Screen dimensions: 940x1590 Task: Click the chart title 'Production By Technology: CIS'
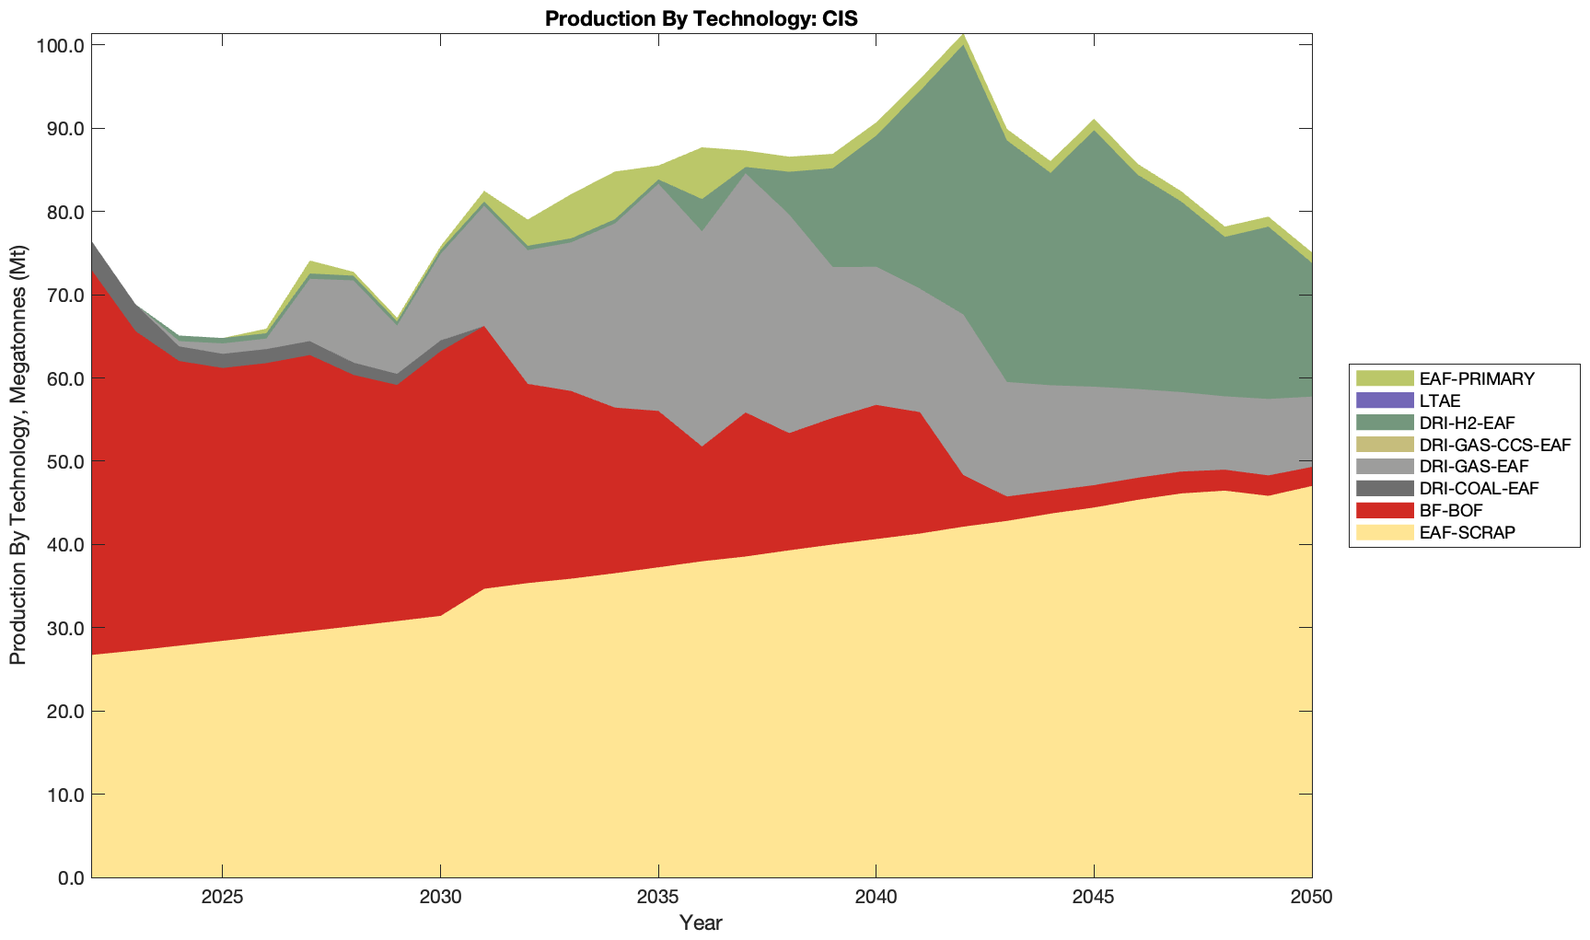tap(701, 18)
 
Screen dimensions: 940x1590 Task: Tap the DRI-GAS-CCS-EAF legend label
tap(1494, 445)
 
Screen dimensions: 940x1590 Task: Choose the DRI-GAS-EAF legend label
tap(1473, 467)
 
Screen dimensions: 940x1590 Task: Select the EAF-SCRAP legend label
tap(1467, 532)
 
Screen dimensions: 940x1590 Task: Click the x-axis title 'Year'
tap(701, 923)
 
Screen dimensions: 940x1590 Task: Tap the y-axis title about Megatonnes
tap(17, 455)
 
